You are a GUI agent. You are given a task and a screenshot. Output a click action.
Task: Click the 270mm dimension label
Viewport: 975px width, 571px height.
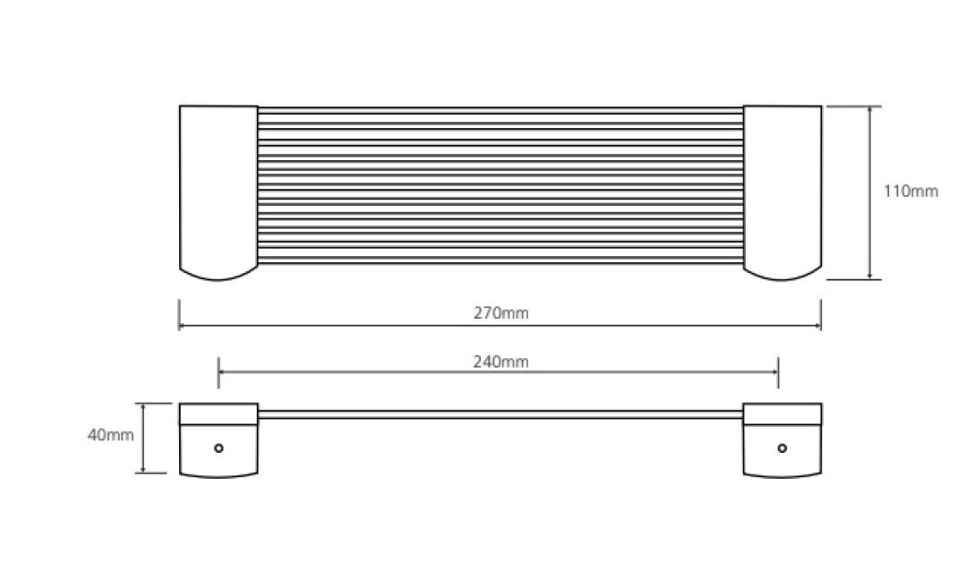tap(500, 312)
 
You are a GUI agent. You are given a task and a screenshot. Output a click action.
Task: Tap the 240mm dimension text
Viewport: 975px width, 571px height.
tap(500, 362)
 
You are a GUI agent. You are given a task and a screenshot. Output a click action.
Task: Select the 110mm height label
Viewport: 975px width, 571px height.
tap(911, 191)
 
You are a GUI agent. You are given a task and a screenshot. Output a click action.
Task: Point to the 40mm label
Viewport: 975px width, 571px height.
tap(111, 435)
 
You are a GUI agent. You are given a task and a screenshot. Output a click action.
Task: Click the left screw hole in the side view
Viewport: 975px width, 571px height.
tap(218, 448)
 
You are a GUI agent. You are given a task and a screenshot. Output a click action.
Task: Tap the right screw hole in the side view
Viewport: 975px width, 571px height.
tap(783, 448)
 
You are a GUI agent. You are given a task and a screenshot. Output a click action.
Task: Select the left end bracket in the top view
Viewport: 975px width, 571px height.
tap(218, 192)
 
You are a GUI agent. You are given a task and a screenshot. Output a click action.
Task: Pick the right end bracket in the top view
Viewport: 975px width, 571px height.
tap(783, 192)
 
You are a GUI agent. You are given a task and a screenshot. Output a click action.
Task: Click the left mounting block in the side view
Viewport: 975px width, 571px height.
tap(218, 440)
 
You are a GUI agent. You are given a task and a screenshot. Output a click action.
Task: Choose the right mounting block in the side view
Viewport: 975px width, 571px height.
tap(783, 440)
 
